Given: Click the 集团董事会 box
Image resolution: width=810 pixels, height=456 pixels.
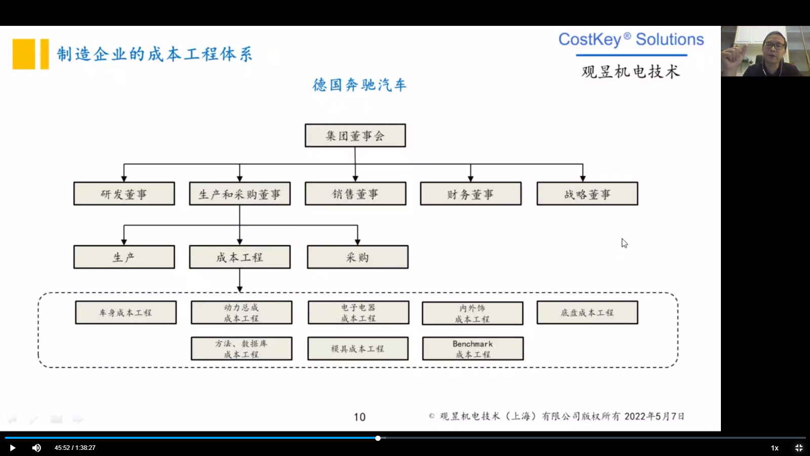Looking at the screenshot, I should (355, 136).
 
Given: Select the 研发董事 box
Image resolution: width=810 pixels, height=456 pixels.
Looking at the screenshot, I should (124, 194).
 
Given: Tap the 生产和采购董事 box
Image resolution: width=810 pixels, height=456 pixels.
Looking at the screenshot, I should (239, 194).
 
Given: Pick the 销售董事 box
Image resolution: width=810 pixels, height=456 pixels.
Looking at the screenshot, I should (355, 194).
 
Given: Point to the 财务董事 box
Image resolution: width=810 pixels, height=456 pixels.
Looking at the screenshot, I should (470, 194).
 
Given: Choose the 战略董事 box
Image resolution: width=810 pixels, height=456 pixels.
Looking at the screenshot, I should (587, 194).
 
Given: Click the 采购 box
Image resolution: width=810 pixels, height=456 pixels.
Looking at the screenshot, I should (357, 257).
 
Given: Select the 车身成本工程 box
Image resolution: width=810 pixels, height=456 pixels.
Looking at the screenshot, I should (126, 313).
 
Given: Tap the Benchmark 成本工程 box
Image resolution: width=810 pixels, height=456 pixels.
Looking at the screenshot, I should (473, 349).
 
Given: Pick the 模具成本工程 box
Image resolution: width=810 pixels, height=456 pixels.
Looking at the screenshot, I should (357, 349).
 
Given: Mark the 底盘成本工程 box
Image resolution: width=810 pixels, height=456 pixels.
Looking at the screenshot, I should (587, 313).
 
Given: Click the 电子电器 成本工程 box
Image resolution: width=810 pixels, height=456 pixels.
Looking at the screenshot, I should (358, 313).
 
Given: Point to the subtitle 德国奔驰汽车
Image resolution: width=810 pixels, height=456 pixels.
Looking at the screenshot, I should (359, 85).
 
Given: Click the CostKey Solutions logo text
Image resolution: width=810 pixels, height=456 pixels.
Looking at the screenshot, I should (631, 40).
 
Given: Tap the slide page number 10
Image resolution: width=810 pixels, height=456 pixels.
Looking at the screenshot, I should (359, 417).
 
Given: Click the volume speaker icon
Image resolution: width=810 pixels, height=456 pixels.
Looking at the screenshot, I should (36, 448).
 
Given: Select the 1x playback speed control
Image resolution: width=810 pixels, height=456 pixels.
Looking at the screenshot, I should (775, 448).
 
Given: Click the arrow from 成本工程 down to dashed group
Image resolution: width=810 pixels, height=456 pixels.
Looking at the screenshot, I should (239, 280).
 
